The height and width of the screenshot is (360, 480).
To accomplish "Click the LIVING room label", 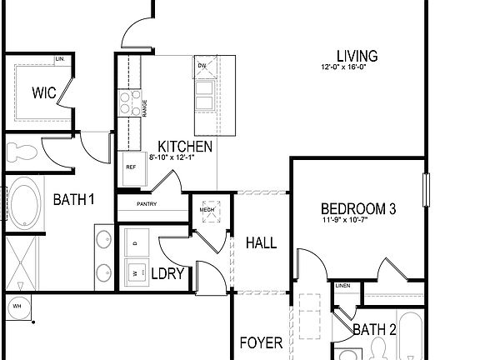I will (x=357, y=56).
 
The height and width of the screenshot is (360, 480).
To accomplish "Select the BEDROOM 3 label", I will (x=358, y=209).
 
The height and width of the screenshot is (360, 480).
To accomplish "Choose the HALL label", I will (x=261, y=243).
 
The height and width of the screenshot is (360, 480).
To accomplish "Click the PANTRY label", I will (x=147, y=204).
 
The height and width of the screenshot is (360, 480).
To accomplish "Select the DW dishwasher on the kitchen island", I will (x=202, y=67).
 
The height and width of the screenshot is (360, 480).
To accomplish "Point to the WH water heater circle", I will (x=16, y=307).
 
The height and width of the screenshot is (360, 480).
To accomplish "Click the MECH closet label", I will (x=206, y=210).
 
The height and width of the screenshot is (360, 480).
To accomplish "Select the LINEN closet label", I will (x=342, y=287).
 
